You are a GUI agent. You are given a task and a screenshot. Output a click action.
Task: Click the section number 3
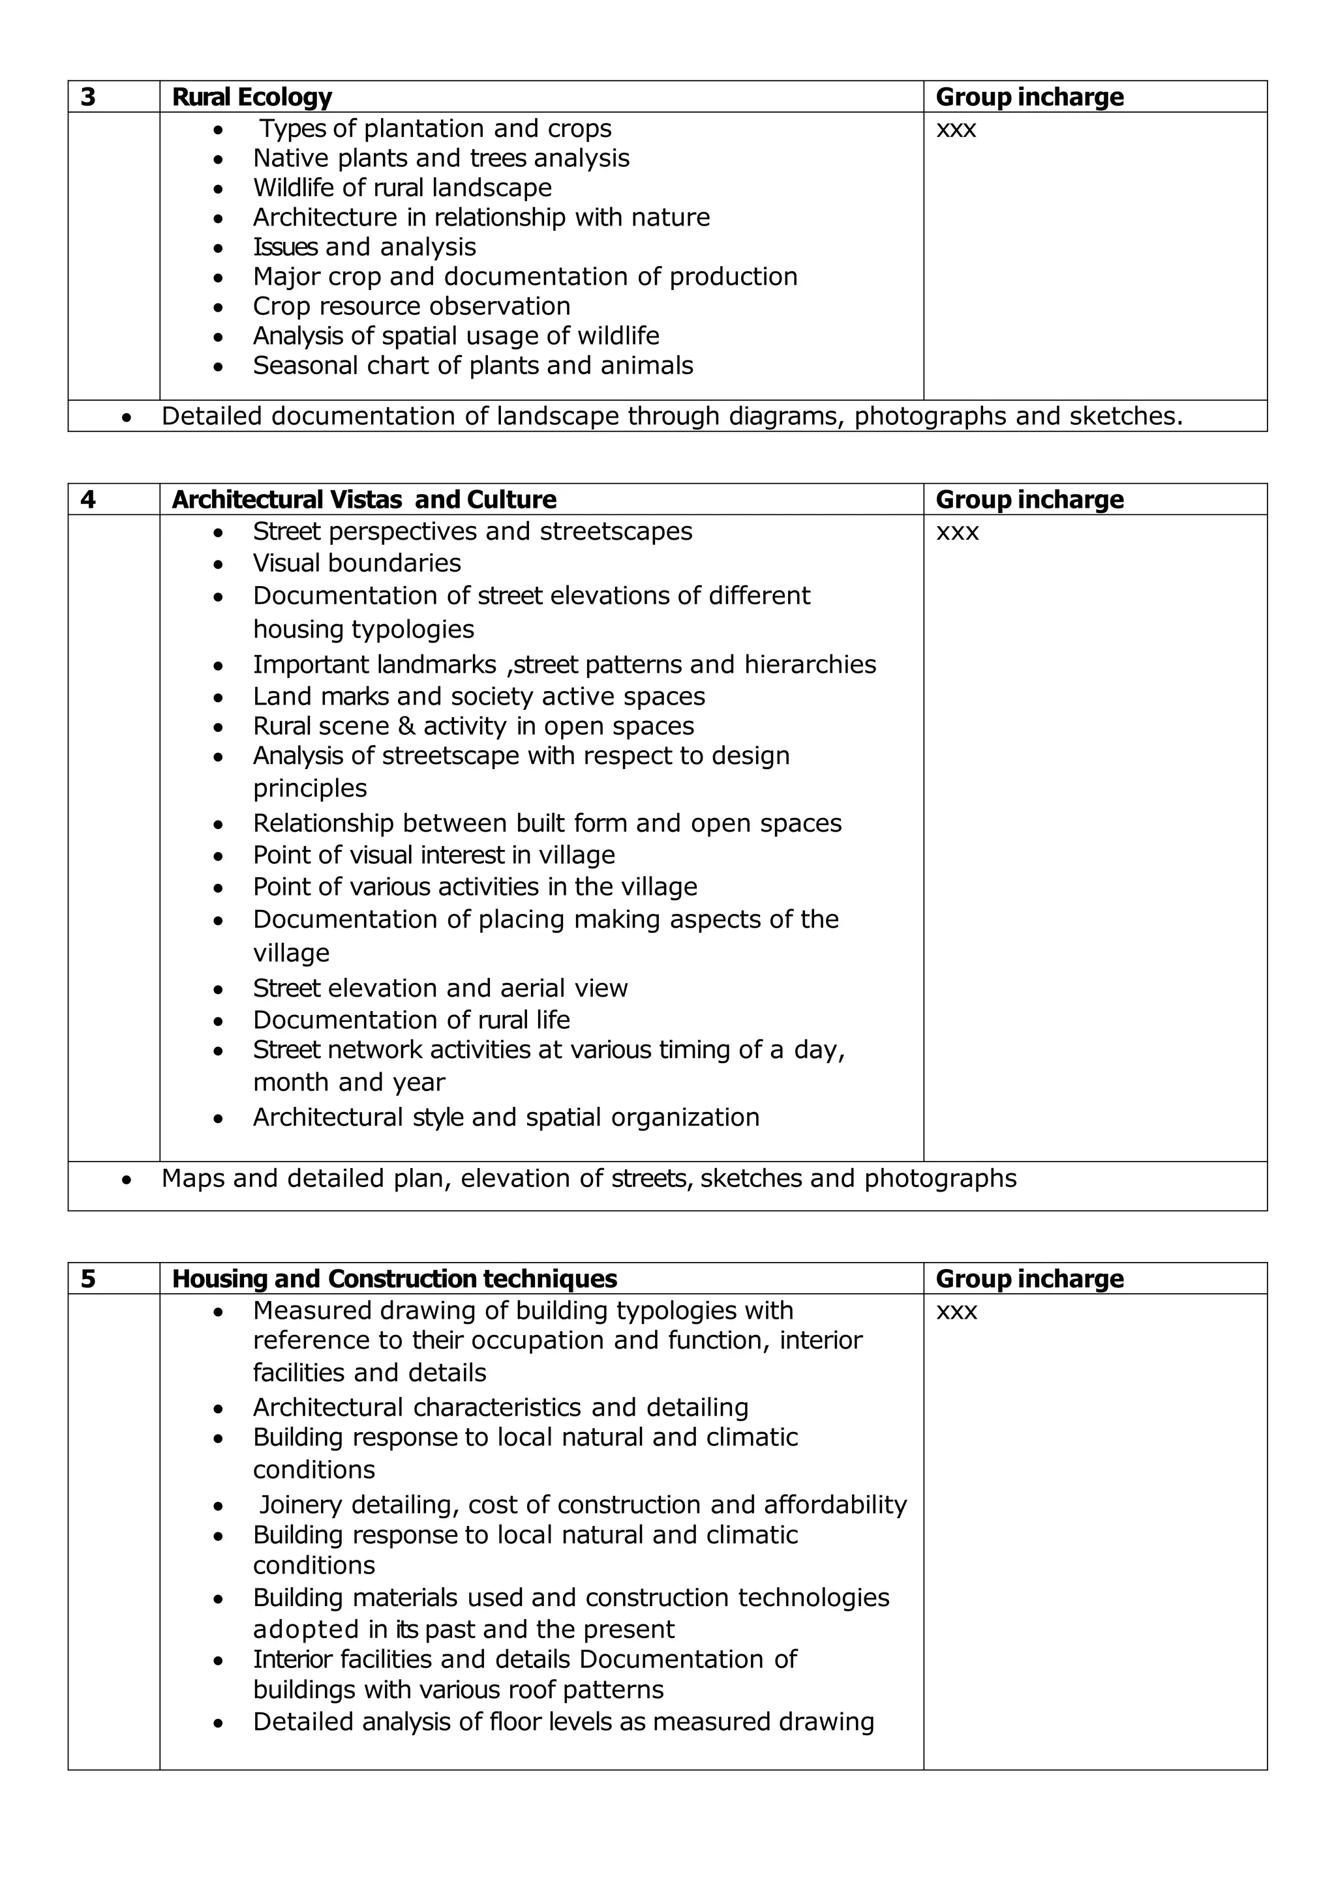click(x=88, y=97)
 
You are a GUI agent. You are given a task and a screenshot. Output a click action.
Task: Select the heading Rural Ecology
click(x=251, y=97)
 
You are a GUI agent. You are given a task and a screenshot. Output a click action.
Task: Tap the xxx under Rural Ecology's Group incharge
click(x=956, y=129)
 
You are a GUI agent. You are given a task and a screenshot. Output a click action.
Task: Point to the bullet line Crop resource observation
click(x=411, y=306)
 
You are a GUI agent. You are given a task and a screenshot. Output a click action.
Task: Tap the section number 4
click(x=88, y=499)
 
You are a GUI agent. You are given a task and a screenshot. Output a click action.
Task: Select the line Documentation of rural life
click(x=411, y=1020)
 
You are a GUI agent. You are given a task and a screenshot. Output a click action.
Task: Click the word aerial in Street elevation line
click(x=524, y=988)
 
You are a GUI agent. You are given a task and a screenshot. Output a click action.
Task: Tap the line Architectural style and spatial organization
click(x=506, y=1117)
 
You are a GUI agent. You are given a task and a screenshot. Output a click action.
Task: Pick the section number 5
click(x=88, y=1278)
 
